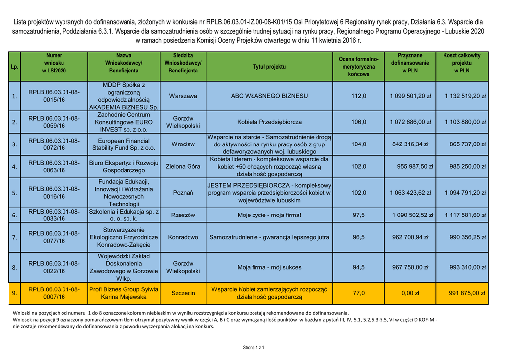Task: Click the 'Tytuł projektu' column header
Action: pos(269,67)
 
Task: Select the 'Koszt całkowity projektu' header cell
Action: pos(461,63)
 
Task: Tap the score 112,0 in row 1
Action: pos(358,96)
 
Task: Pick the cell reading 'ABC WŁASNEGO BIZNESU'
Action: pos(269,96)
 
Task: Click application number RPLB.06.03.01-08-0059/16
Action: pos(54,122)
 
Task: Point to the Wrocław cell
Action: pos(183,144)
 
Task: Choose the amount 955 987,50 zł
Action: pos(412,167)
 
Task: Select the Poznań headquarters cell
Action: pos(183,192)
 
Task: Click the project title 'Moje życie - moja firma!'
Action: pos(269,215)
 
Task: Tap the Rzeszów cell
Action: pos(183,215)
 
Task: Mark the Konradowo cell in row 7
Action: pos(183,237)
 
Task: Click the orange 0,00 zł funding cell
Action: pos(410,293)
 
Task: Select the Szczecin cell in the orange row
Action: pos(183,293)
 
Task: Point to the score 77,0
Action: pos(358,293)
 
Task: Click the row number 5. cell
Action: pos(15,192)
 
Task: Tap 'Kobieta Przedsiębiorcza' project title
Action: pos(269,122)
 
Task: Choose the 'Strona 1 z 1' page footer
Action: pos(254,347)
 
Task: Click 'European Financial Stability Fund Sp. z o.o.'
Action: pos(124,144)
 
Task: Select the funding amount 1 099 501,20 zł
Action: pos(410,96)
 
